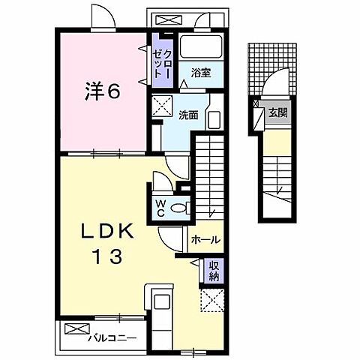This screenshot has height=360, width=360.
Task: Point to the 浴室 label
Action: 199,73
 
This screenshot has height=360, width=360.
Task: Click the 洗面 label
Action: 188,115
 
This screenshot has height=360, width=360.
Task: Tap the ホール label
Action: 206,240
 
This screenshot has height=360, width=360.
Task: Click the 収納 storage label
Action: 214,271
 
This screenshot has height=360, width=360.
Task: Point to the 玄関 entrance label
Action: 278,114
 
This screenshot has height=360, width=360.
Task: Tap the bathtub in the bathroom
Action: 199,50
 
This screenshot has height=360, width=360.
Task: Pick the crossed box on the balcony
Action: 76,328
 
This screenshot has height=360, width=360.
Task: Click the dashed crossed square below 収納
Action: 212,302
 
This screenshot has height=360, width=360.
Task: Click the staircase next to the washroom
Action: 210,172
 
